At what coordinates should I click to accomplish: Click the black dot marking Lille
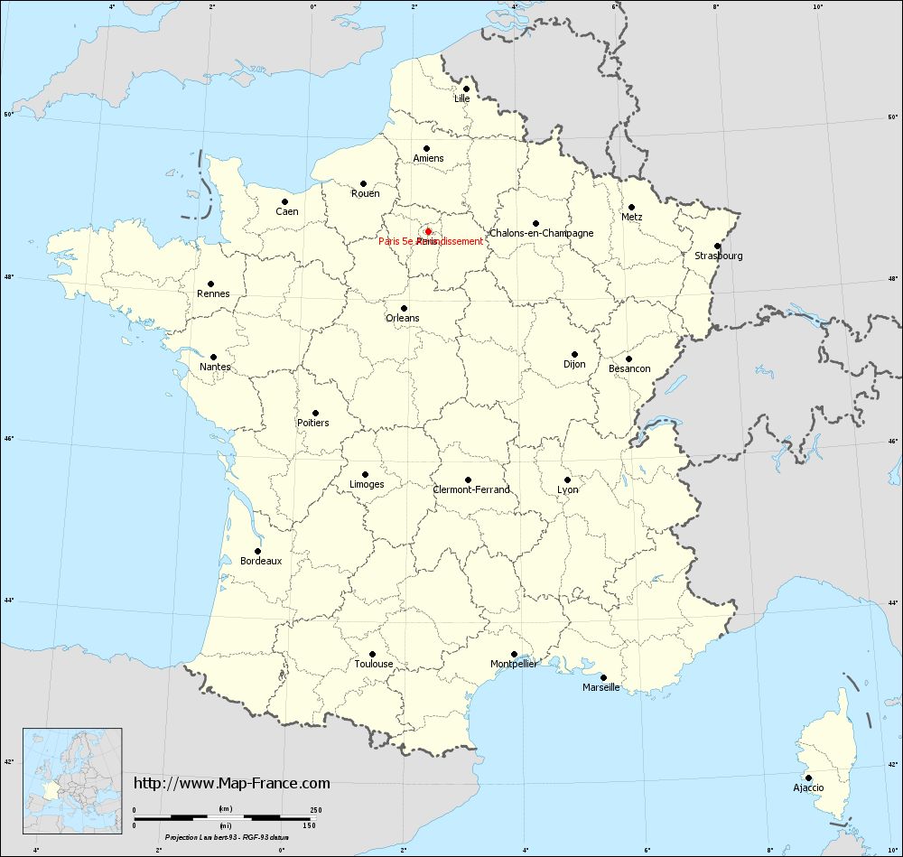coord(466,88)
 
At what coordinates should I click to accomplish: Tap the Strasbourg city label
coord(719,256)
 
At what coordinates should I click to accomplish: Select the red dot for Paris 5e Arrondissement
coord(428,231)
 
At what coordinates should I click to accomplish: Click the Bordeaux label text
coord(261,561)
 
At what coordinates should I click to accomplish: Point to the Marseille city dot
coord(603,677)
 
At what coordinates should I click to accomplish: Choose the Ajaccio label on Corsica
coord(808,787)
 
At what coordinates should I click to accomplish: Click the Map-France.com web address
coord(232,783)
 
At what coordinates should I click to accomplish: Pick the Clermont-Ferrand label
coord(471,489)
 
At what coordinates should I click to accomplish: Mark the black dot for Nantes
coord(214,357)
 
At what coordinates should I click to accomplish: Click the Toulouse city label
coord(374,664)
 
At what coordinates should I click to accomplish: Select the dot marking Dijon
coord(574,354)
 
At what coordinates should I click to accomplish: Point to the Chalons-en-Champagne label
coord(542,233)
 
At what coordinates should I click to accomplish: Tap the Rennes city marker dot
coord(211,284)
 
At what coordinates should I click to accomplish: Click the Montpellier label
coord(514,664)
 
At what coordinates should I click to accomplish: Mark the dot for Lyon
coord(567,480)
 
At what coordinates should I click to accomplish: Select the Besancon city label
coord(629,368)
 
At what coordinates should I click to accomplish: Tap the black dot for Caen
coord(284,201)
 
